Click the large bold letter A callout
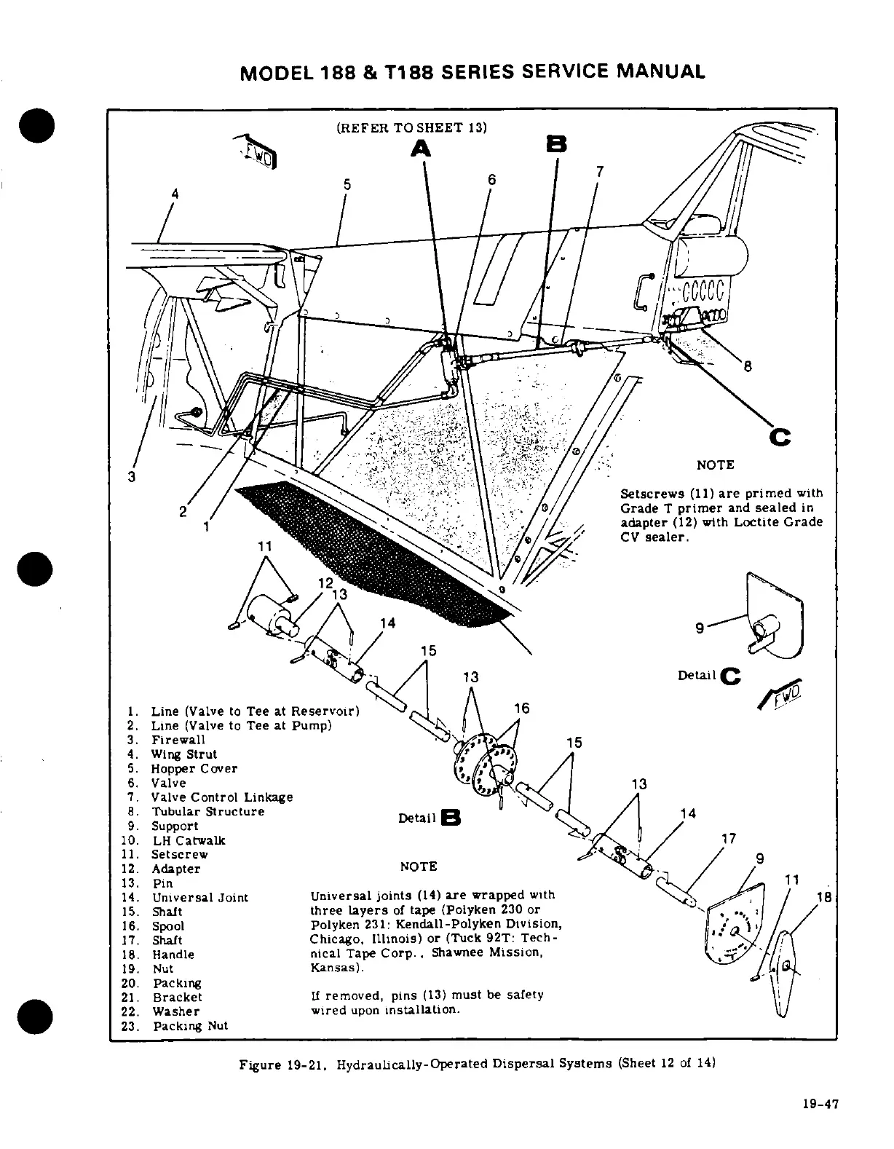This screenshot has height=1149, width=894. click(x=420, y=149)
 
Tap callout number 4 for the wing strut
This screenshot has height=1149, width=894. click(x=174, y=194)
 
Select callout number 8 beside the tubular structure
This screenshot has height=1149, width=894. click(x=747, y=367)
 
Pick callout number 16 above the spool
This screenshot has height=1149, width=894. click(x=521, y=708)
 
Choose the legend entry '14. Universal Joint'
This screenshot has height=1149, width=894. click(x=199, y=897)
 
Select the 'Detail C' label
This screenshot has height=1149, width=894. click(x=708, y=676)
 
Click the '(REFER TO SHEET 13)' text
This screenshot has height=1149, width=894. click(x=411, y=128)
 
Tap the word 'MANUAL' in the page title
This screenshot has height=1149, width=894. click(x=660, y=71)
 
